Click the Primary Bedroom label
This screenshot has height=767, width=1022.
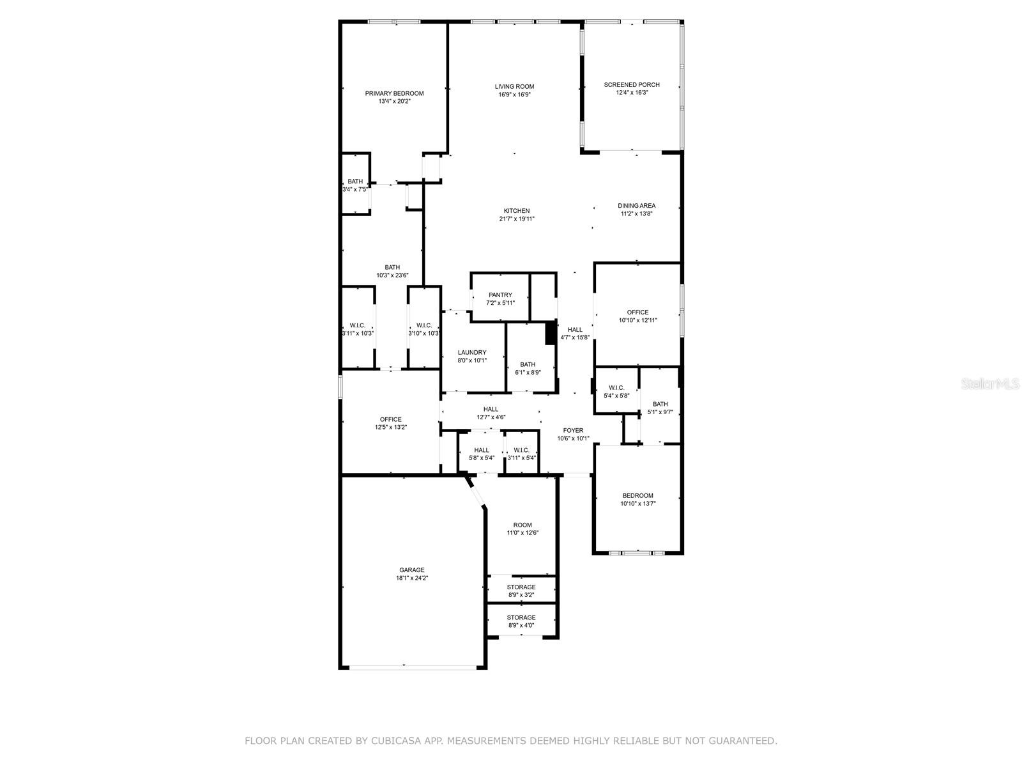click(x=394, y=93)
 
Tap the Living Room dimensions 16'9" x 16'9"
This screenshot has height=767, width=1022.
click(x=514, y=95)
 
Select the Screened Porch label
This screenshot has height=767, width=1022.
click(x=631, y=85)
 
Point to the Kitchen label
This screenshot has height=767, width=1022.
click(x=516, y=211)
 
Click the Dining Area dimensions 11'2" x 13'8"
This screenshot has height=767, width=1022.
click(x=636, y=213)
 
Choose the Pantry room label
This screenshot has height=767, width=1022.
click(x=500, y=295)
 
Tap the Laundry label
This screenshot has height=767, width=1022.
click(x=471, y=353)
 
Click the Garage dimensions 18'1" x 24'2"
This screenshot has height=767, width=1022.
click(x=411, y=578)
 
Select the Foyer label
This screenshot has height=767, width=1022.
click(x=573, y=430)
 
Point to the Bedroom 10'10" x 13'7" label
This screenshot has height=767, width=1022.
click(x=637, y=495)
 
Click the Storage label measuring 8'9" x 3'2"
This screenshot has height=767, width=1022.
click(x=521, y=587)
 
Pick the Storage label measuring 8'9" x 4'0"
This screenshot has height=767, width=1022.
click(x=521, y=617)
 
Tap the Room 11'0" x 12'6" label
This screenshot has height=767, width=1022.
click(x=522, y=525)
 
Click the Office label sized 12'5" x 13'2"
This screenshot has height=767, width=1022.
click(x=390, y=419)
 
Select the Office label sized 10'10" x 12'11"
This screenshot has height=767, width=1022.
click(x=637, y=312)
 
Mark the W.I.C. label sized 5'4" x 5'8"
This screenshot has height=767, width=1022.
click(x=616, y=387)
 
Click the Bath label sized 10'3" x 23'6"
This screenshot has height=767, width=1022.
click(x=392, y=267)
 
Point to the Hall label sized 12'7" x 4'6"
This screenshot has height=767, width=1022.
click(x=491, y=409)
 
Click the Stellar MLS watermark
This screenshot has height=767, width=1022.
click(x=990, y=383)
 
